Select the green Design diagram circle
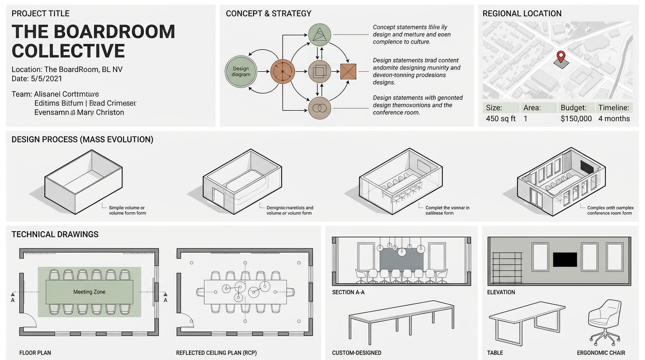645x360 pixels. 241,72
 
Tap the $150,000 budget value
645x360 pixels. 576,119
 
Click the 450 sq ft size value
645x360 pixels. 501,119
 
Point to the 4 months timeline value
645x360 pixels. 614,119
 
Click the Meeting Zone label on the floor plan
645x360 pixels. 89,292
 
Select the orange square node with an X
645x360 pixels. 348,72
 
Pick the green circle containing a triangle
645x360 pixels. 320,34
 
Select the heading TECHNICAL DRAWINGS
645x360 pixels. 55,234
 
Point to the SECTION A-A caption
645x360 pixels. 348,292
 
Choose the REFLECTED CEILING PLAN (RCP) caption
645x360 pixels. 216,352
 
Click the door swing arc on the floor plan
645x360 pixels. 30,321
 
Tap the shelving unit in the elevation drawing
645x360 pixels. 506,267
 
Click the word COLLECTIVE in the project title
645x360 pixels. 68,51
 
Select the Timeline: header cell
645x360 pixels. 614,107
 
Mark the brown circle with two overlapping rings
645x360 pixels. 320,108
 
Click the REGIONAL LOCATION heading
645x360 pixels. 522,14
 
